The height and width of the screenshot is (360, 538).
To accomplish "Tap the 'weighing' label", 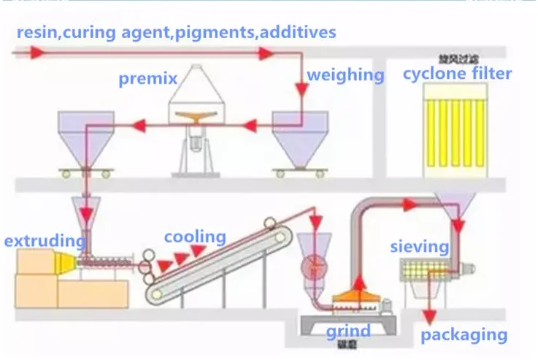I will (x=345, y=74).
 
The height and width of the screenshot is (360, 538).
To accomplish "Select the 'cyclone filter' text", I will (x=458, y=73).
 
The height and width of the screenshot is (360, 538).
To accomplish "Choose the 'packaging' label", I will (x=464, y=335).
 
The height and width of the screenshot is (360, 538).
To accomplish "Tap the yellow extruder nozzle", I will (x=71, y=258).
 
